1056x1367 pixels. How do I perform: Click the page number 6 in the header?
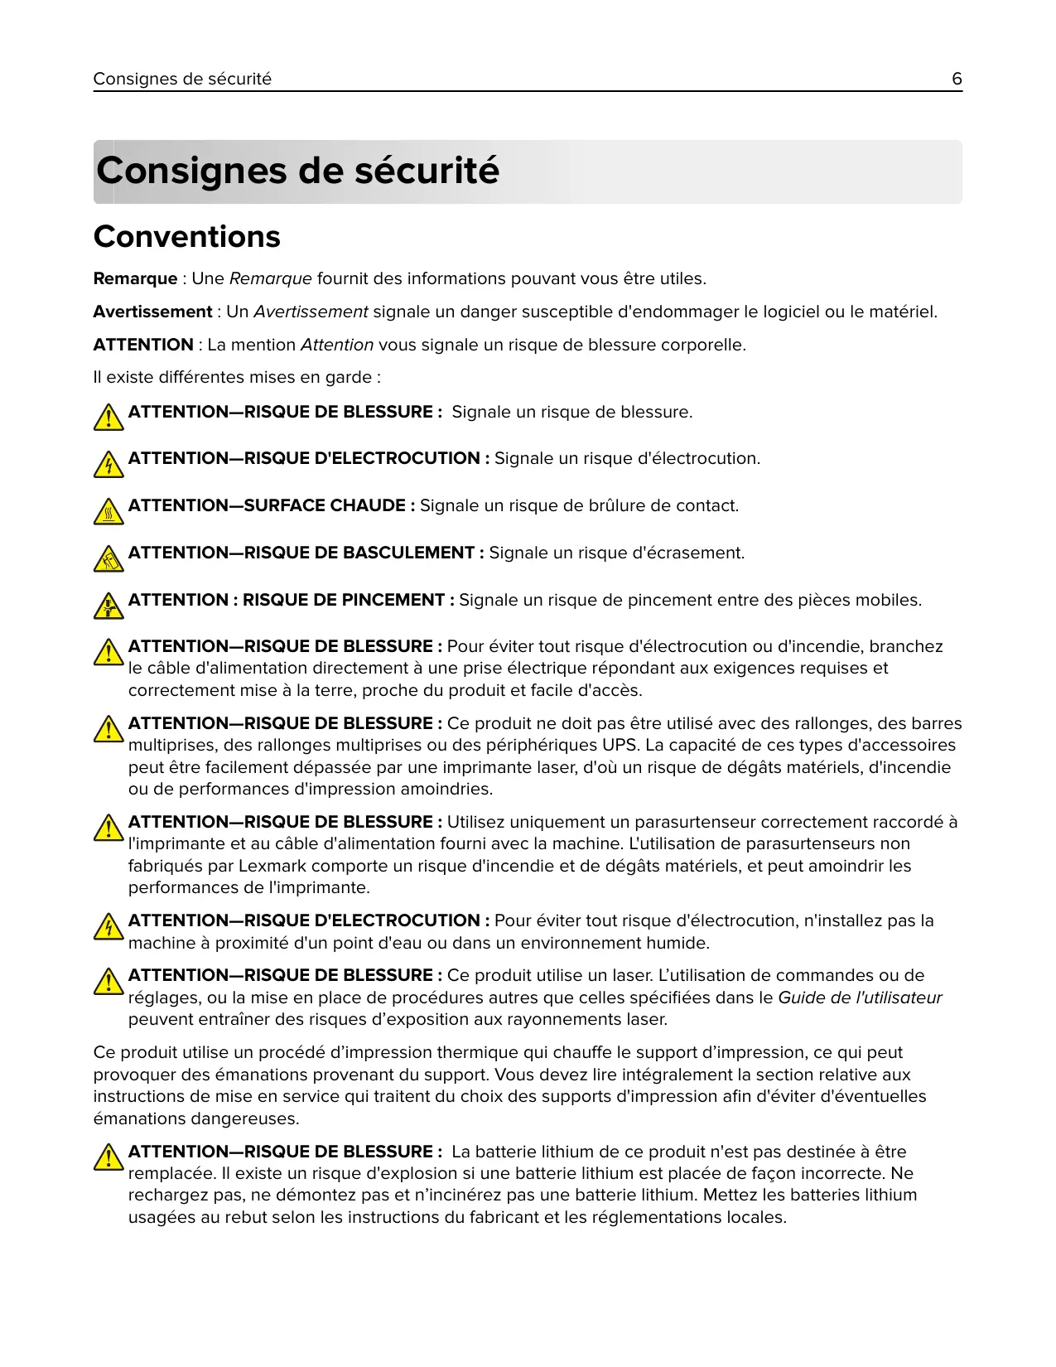(957, 79)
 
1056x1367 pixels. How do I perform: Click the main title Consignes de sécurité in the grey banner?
(297, 171)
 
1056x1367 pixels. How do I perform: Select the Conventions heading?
(187, 237)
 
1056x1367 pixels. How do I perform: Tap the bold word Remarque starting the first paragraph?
(135, 279)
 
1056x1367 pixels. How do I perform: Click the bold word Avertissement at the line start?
(152, 312)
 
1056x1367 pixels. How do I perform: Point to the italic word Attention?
(337, 345)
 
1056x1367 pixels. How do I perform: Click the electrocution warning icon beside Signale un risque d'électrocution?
(108, 465)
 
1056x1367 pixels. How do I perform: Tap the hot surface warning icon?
(108, 512)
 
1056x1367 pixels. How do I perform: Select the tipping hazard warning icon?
(108, 559)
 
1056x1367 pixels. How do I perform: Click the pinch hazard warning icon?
(108, 606)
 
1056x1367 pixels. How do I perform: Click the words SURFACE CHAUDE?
(325, 506)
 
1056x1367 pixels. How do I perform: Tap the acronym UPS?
(619, 746)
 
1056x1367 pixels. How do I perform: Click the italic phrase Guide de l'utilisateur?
(860, 998)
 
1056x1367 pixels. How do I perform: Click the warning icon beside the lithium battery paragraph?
(108, 1157)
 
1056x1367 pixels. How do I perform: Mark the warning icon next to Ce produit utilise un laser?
(108, 982)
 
